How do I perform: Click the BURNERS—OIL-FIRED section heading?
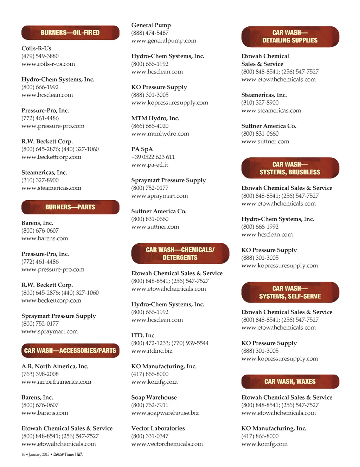pos(70,33)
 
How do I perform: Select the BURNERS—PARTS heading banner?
pos(70,207)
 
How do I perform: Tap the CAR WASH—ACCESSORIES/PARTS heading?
pos(70,351)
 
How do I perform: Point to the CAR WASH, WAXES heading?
pos(290,382)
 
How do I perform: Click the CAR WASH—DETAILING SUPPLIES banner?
pos(290,37)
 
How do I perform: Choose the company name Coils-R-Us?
pos(37,48)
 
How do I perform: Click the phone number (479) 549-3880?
pos(40,56)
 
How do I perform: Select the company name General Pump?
pos(151,25)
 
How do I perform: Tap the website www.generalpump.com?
pos(164,41)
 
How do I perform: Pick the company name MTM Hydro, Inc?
pos(155,118)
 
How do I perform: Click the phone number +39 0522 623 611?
pos(153,157)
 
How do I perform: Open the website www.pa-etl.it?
pos(150,165)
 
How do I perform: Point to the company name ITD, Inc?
pos(143,336)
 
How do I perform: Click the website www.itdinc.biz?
pos(152,351)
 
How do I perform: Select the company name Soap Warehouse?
pos(154,397)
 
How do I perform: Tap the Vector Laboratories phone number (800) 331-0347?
pos(150,436)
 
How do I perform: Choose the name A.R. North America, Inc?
pos(55,367)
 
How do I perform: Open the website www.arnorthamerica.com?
pos(56,382)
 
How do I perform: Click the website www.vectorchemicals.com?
pos(167,444)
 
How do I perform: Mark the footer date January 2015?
pos(39,455)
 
